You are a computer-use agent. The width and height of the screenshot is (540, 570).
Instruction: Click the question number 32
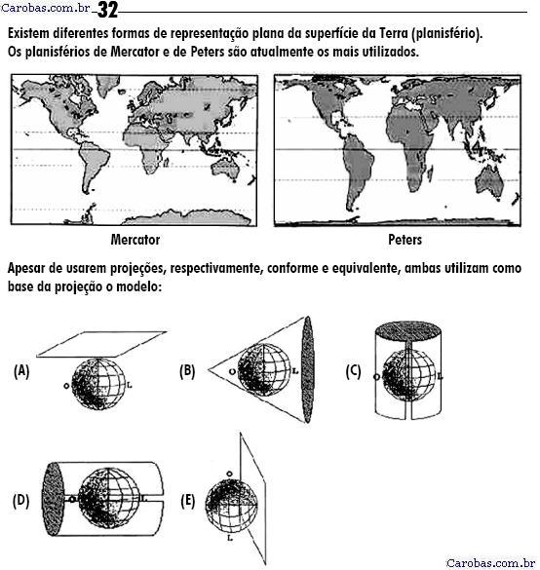[x=107, y=10]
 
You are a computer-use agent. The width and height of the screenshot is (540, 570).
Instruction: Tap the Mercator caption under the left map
[x=135, y=240]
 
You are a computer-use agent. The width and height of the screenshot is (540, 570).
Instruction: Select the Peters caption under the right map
[x=405, y=240]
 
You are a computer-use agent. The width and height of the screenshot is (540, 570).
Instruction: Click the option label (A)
[x=21, y=371]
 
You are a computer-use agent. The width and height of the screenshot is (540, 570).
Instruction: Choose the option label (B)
[x=187, y=371]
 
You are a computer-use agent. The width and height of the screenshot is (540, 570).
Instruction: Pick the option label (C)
[x=354, y=371]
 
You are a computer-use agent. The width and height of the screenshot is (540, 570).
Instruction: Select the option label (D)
[x=21, y=501]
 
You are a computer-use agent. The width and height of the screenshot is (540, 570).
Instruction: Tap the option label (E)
[x=188, y=501]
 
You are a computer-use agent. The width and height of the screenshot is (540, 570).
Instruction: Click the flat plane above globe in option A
[x=101, y=344]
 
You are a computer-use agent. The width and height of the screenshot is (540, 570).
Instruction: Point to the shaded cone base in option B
[x=307, y=369]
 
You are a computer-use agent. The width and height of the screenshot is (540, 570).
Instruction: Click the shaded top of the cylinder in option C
[x=408, y=331]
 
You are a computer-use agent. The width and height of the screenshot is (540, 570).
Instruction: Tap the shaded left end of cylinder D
[x=53, y=499]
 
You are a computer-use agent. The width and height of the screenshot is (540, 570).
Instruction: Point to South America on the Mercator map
[x=94, y=165]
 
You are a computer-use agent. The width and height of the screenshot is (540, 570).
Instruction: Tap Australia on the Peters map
[x=489, y=182]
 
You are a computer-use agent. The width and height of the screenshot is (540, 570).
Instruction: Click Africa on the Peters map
[x=409, y=145]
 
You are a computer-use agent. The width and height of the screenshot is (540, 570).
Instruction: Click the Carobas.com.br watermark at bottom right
[x=490, y=563]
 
